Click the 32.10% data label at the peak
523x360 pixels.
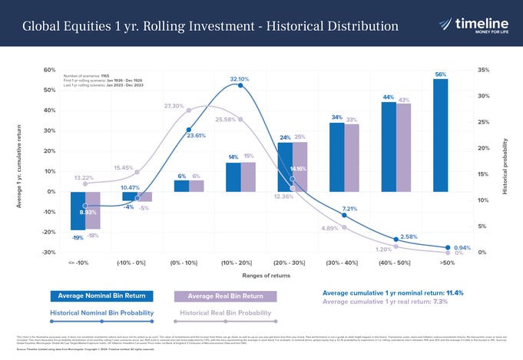click(x=239, y=79)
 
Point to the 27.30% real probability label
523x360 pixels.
click(x=173, y=106)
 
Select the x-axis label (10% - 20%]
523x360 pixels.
click(x=238, y=262)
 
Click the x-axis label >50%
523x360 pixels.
click(x=447, y=262)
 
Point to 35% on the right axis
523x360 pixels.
click(x=482, y=70)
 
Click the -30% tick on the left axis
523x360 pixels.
click(x=48, y=253)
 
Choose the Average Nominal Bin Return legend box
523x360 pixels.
click(x=102, y=296)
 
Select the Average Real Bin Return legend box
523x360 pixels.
click(x=226, y=296)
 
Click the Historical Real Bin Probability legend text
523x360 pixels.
click(x=226, y=313)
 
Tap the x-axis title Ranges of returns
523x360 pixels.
click(x=264, y=275)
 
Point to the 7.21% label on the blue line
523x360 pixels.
click(x=349, y=209)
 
